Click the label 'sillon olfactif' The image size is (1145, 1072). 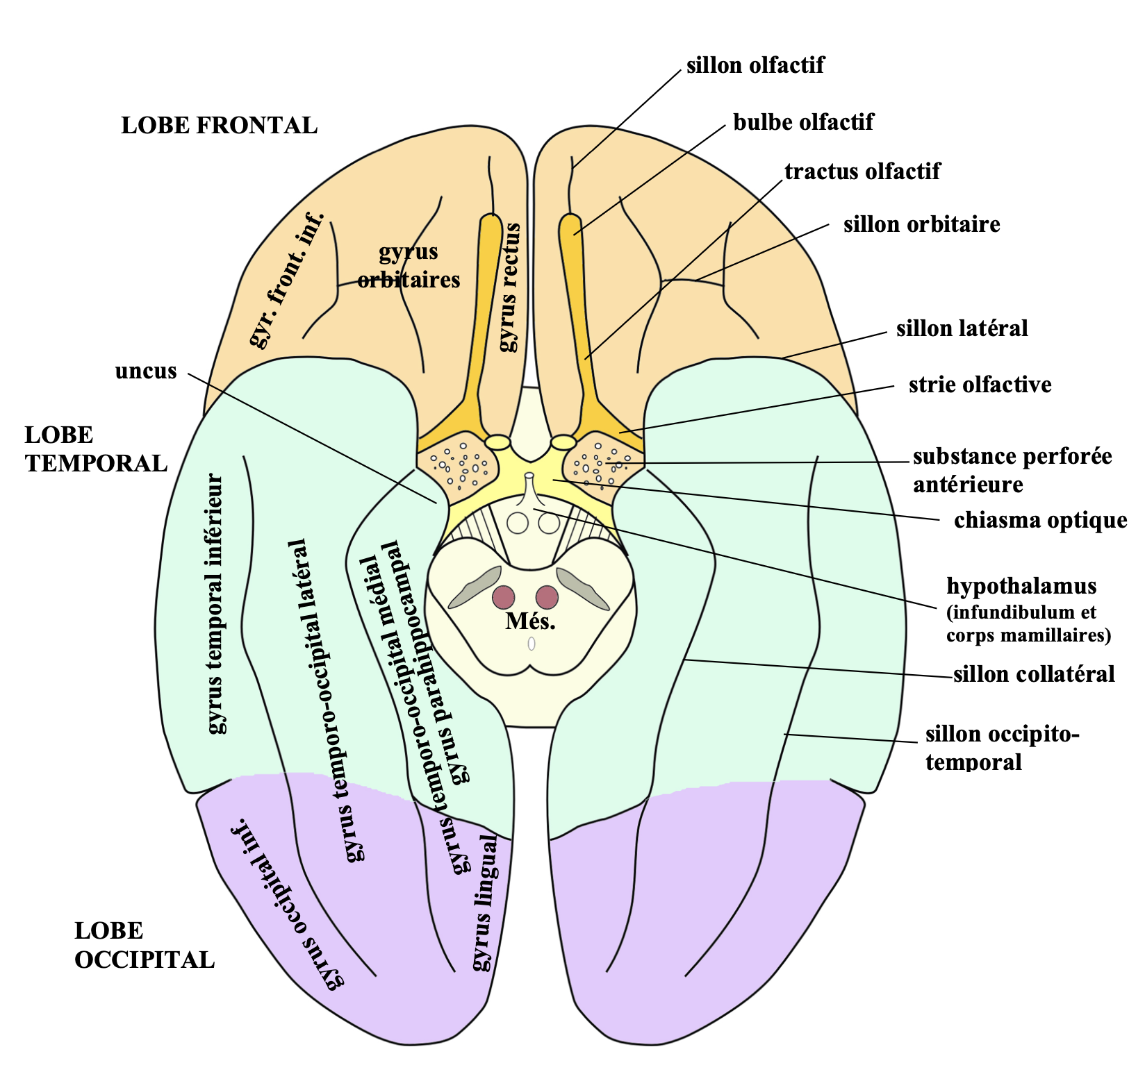755,65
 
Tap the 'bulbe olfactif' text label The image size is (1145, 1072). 803,122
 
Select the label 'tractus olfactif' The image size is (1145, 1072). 862,171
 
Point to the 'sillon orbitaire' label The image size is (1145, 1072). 921,224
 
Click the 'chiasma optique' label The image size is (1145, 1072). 1040,520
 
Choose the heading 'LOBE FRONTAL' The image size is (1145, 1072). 219,126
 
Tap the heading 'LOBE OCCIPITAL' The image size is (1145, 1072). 145,946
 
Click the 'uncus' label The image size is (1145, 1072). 146,371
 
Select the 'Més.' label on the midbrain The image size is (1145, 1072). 530,621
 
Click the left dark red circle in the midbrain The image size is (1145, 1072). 504,596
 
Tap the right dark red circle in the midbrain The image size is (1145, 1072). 547,596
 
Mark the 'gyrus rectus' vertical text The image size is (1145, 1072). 509,287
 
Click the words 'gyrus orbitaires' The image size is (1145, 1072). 409,266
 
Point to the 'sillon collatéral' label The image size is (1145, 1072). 1033,673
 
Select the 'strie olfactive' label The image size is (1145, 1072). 980,385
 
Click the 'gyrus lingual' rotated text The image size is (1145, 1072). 486,903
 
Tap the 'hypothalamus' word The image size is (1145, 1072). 1021,585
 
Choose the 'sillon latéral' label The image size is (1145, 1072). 962,328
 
